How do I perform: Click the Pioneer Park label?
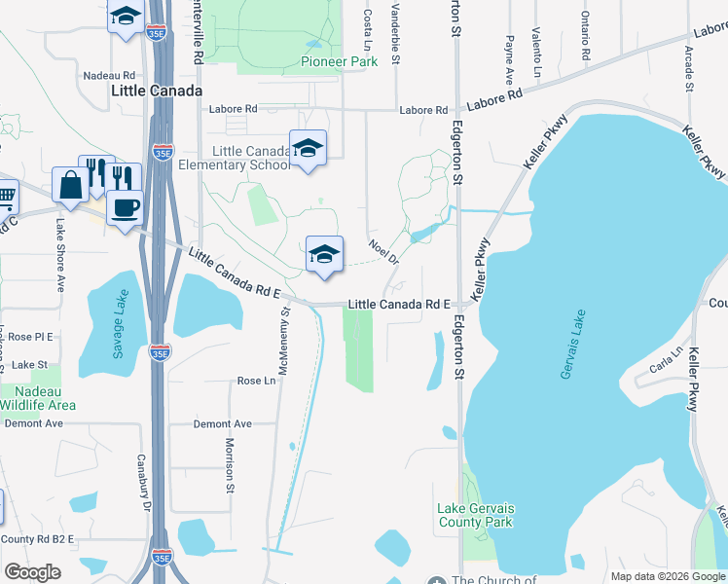[338, 61]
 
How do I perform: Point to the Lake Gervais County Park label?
[475, 515]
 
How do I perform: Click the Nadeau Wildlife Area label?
[37, 397]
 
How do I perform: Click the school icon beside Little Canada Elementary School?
[309, 148]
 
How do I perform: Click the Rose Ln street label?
[256, 381]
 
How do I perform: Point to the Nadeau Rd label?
[109, 75]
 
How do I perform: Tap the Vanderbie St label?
[395, 35]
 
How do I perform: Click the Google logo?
[32, 572]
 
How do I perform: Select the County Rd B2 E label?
[37, 538]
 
